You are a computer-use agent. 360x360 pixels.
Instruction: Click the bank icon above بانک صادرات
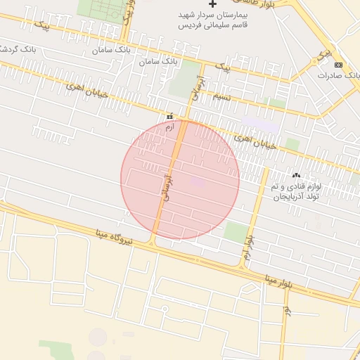[339, 65]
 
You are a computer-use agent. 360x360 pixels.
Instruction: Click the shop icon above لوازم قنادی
[295, 175]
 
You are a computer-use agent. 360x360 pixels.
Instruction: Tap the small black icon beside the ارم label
[169, 116]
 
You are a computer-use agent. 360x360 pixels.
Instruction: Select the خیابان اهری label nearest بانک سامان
[87, 92]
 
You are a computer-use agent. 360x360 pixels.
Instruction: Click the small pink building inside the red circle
[198, 183]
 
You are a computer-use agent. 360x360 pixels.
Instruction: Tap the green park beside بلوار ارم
[236, 231]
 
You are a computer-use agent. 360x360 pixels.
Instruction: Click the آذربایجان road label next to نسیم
[199, 89]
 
